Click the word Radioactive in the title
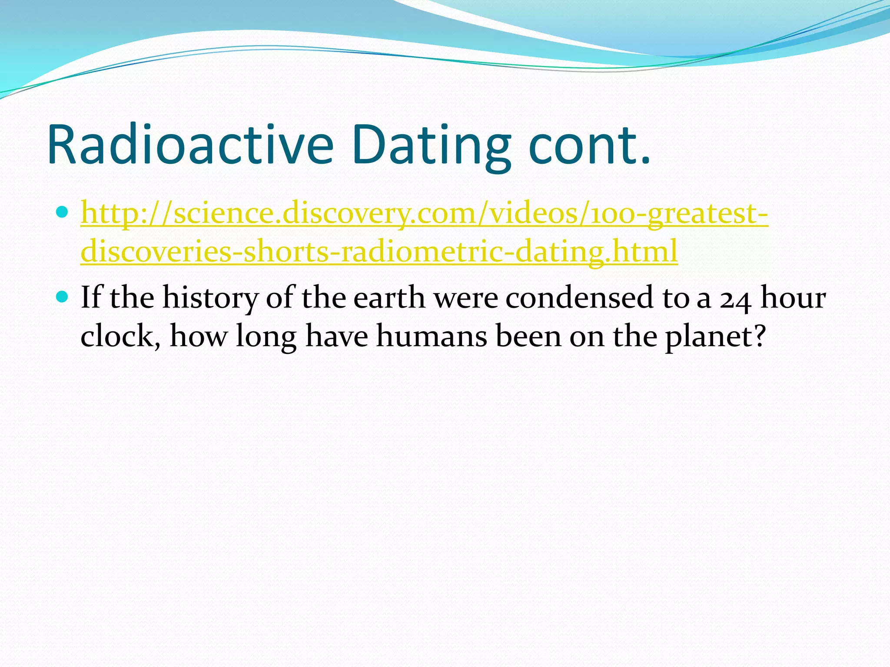click(190, 145)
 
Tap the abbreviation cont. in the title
click(590, 145)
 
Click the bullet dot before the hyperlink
click(63, 212)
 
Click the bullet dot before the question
click(63, 297)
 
